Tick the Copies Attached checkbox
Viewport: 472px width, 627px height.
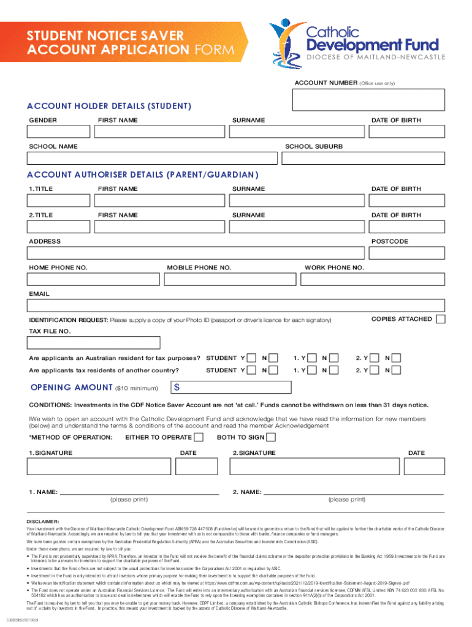tap(440, 319)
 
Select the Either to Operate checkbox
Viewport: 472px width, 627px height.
tap(199, 437)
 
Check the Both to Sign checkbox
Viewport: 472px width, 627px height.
tap(271, 437)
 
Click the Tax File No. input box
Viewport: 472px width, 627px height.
tap(94, 343)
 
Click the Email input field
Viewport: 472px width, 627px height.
tap(236, 307)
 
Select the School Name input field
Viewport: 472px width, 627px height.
tap(154, 159)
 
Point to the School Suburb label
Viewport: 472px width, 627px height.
tap(314, 147)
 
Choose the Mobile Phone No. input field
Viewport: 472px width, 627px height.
tap(232, 280)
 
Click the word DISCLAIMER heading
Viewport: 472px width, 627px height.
tap(42, 521)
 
